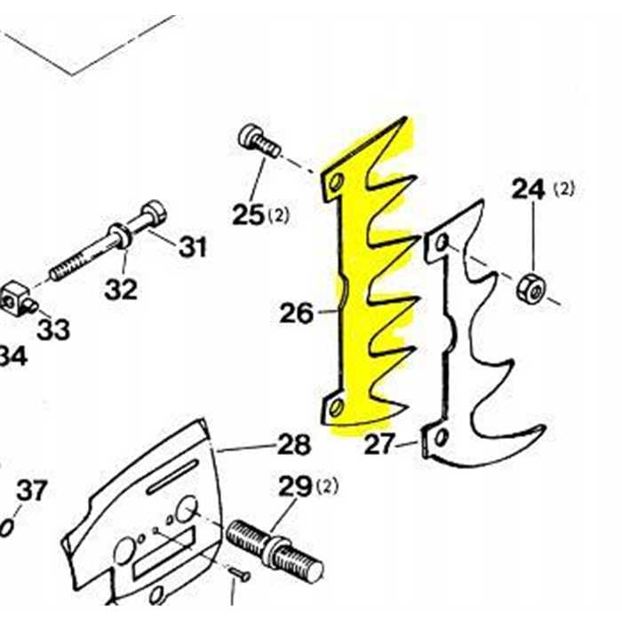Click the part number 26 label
(297, 314)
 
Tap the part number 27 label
(380, 444)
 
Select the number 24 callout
(529, 189)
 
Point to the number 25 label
(248, 214)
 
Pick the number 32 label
(121, 289)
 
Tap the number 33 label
(53, 330)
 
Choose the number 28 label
(294, 444)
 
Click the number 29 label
(296, 486)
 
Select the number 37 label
(33, 490)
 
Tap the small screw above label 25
(256, 141)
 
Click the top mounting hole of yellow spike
(336, 183)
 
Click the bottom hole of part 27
(439, 436)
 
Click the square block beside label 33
(16, 297)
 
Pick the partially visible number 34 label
(11, 357)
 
